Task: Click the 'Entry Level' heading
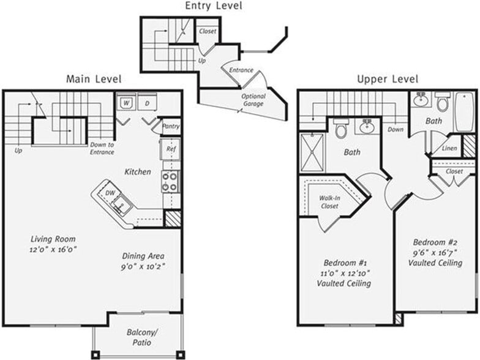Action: (213, 6)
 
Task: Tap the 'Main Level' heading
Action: (94, 79)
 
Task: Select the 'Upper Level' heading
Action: (388, 80)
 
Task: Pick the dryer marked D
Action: (148, 102)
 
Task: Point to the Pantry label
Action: (171, 127)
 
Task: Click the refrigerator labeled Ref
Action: (170, 148)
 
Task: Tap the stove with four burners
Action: (170, 181)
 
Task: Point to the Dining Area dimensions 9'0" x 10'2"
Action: (143, 267)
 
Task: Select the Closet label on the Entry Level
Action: (208, 31)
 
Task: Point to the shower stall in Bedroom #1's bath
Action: (312, 152)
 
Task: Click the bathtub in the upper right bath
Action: (464, 111)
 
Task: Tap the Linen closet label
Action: (449, 149)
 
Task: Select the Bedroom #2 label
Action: (435, 241)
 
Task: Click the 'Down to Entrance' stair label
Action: (102, 148)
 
